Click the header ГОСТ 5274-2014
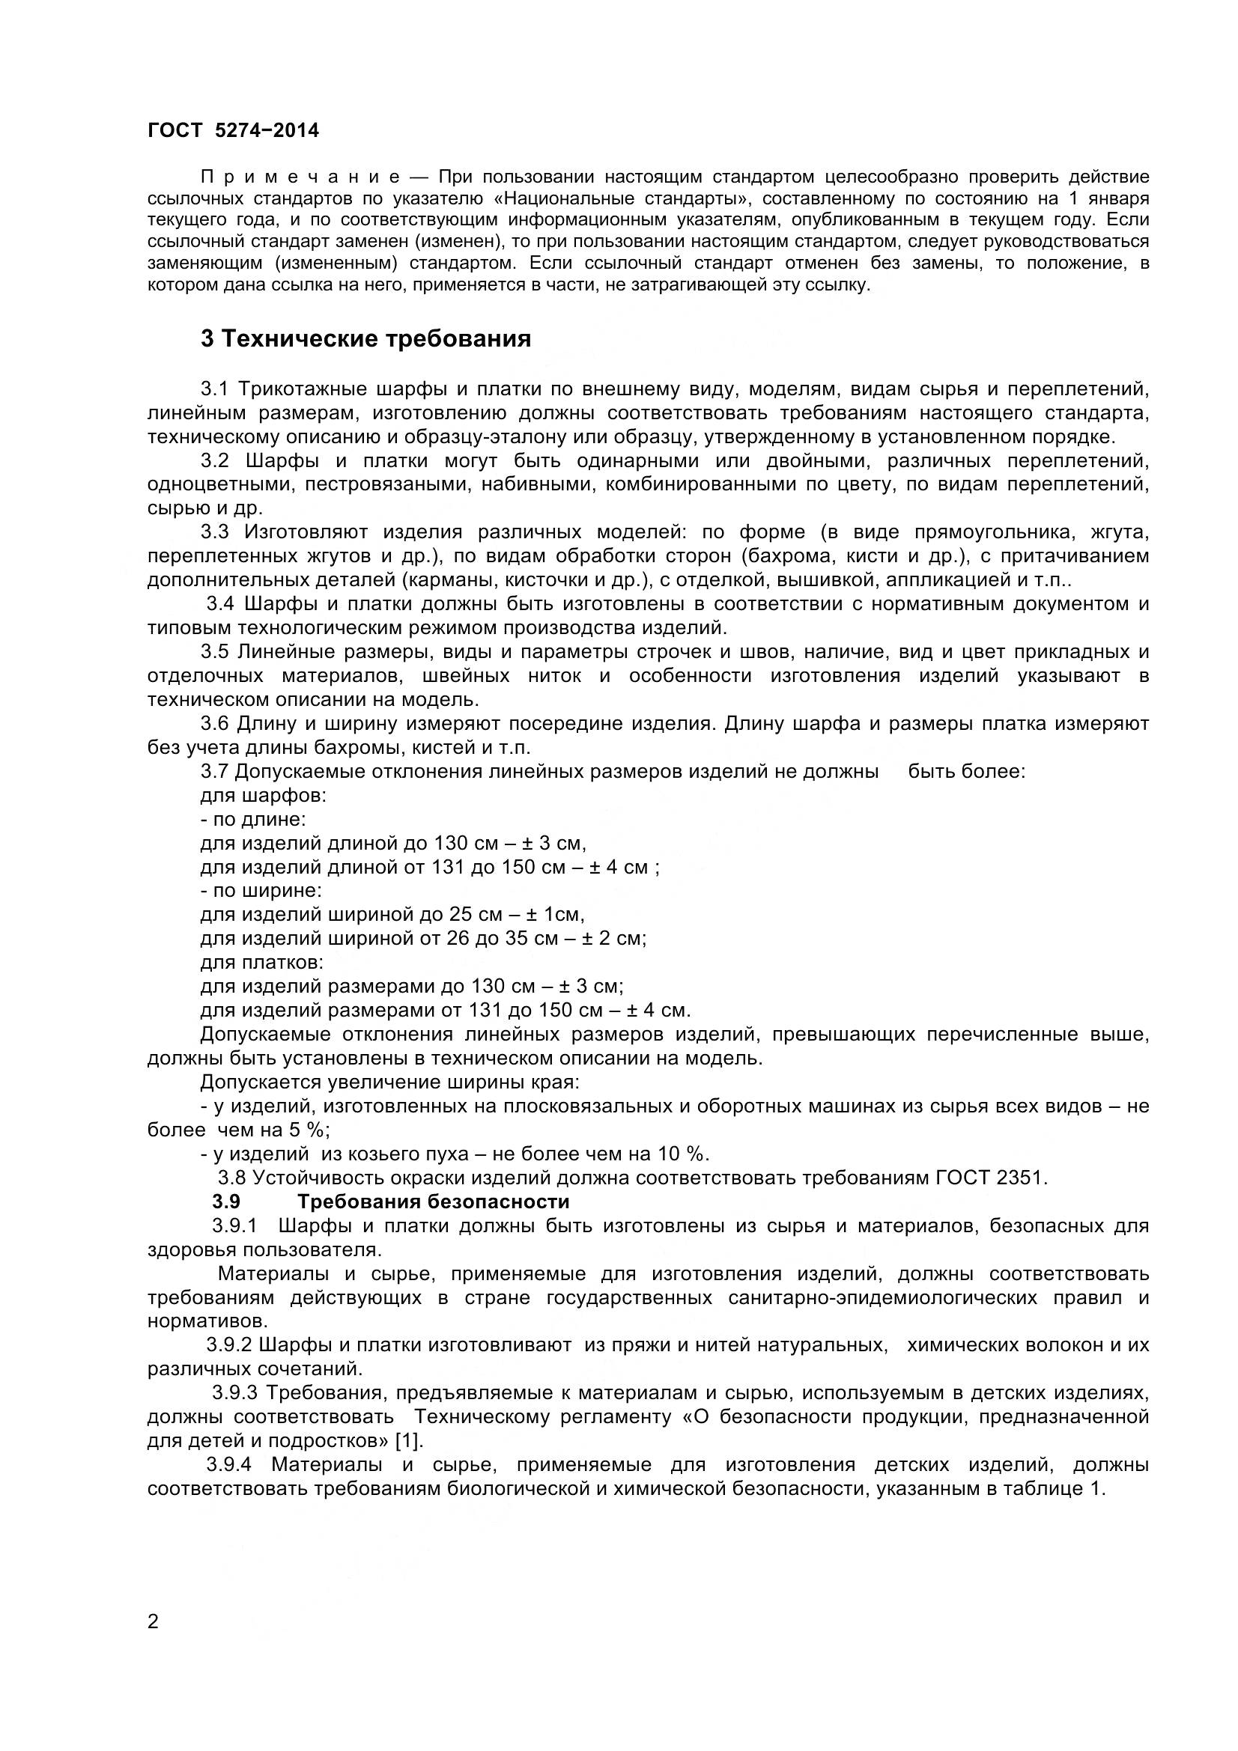point(233,131)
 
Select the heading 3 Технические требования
point(365,338)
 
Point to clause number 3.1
point(214,389)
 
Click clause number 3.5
point(214,652)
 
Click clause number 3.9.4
point(229,1465)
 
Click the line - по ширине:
point(261,891)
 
